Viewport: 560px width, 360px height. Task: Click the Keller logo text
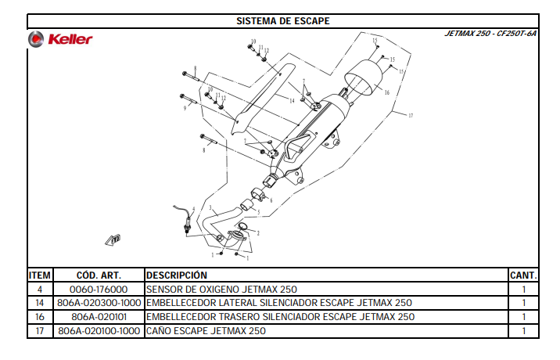point(70,39)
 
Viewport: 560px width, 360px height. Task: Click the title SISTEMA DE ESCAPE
point(283,21)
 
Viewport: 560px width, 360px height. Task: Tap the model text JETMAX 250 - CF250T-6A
point(490,34)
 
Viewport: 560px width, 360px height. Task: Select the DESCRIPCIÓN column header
point(177,275)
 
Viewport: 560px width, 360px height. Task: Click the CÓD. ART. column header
point(99,275)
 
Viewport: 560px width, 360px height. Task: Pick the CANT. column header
point(523,275)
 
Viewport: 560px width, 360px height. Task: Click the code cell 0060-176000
point(99,290)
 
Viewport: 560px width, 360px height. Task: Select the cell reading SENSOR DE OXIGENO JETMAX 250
point(221,290)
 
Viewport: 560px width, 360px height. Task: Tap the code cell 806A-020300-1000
point(99,303)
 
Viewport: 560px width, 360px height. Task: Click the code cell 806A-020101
point(99,317)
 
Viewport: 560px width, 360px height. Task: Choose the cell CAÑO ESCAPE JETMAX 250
point(206,331)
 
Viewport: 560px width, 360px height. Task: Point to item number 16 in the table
point(40,317)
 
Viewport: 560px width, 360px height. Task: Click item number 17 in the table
point(40,331)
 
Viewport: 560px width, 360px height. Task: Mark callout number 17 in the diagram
point(411,116)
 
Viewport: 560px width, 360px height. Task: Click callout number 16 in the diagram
point(387,92)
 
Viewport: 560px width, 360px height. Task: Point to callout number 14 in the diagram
point(292,101)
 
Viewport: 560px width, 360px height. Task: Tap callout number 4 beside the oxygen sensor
point(193,209)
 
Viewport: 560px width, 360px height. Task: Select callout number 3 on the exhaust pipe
point(210,207)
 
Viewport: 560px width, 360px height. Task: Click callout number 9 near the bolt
point(185,108)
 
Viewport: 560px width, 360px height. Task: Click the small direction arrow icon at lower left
point(113,239)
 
